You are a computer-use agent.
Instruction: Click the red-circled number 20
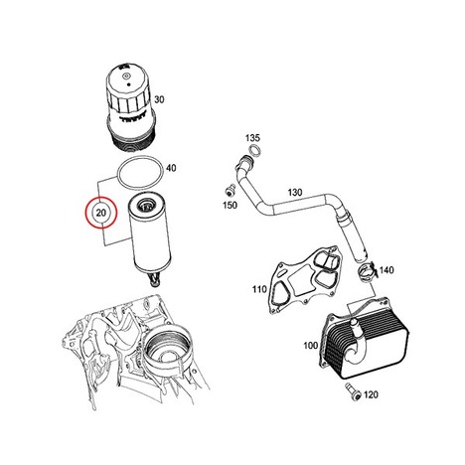(101, 213)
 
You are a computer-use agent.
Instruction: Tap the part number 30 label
(159, 99)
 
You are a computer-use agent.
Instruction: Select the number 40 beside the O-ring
(171, 168)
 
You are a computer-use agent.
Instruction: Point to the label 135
(252, 137)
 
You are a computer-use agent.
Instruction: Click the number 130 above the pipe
(295, 192)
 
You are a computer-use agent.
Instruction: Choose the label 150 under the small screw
(230, 206)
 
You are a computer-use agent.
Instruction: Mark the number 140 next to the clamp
(387, 270)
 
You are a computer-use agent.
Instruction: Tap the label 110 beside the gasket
(259, 289)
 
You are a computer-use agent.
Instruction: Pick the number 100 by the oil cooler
(311, 346)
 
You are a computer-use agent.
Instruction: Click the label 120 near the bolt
(371, 394)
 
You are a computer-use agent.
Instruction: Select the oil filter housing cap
(130, 107)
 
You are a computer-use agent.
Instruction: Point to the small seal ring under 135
(254, 150)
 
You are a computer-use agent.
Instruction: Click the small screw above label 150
(229, 192)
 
